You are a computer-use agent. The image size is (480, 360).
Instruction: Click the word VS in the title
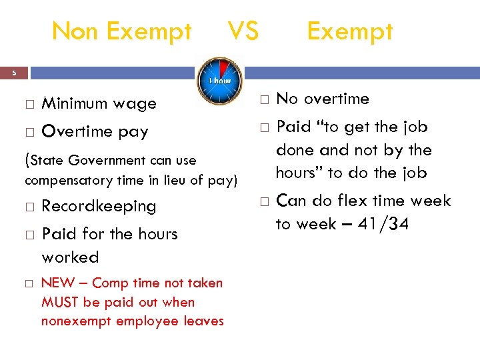[x=243, y=31]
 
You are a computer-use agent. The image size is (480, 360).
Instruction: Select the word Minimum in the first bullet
[x=73, y=103]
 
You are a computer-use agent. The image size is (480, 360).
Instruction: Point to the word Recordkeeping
[x=99, y=207]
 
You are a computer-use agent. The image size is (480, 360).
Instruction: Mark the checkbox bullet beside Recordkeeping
[x=29, y=207]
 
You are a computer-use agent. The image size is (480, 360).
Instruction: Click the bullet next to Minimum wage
[x=29, y=104]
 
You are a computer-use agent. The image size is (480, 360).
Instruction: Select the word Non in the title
[x=73, y=31]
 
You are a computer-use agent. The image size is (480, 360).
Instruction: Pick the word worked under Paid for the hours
[x=70, y=257]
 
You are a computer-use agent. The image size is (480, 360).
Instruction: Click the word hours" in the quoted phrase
[x=297, y=173]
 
